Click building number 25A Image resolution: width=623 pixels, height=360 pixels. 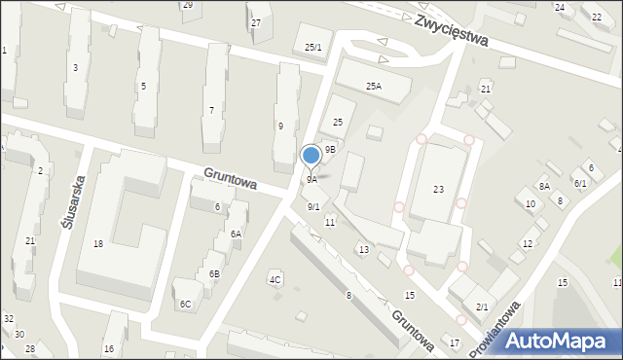point(374,87)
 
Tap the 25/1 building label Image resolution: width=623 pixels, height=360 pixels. point(312,48)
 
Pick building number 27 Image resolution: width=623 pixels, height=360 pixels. point(256,22)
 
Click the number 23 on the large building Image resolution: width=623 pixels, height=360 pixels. point(438,190)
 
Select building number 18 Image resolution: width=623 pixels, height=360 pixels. point(98,244)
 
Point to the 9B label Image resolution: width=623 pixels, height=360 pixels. point(331,150)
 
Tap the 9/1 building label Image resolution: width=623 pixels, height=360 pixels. point(313,207)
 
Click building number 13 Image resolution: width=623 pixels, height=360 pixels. point(363,250)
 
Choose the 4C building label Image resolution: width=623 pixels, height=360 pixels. point(275,280)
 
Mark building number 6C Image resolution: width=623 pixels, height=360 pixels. point(185,305)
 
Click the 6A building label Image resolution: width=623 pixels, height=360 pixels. point(236,234)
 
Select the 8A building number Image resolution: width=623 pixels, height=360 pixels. point(545,186)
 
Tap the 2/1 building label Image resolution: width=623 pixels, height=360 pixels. point(482,307)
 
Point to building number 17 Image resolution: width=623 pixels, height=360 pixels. point(455,343)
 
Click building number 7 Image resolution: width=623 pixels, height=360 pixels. point(211,110)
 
